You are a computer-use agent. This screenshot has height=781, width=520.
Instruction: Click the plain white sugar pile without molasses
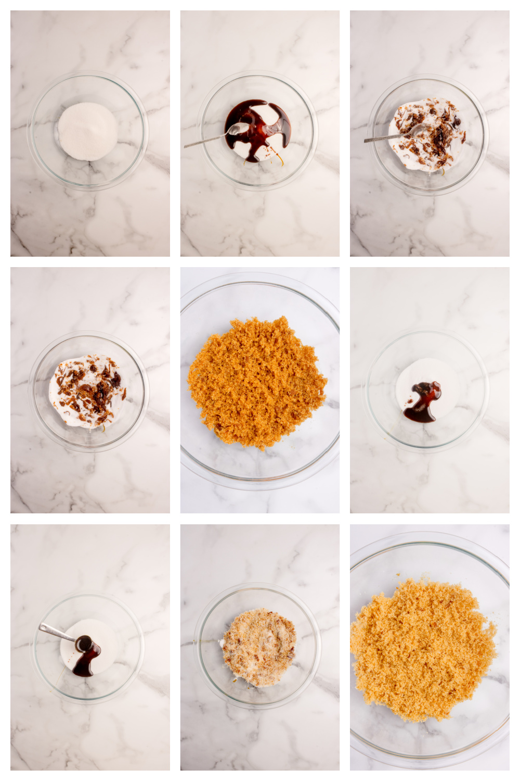[87, 131]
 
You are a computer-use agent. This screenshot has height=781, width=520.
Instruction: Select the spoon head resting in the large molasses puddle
[237, 128]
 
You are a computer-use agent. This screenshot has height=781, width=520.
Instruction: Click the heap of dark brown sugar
[257, 383]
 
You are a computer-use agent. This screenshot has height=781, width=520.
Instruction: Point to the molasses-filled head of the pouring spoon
[83, 643]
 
